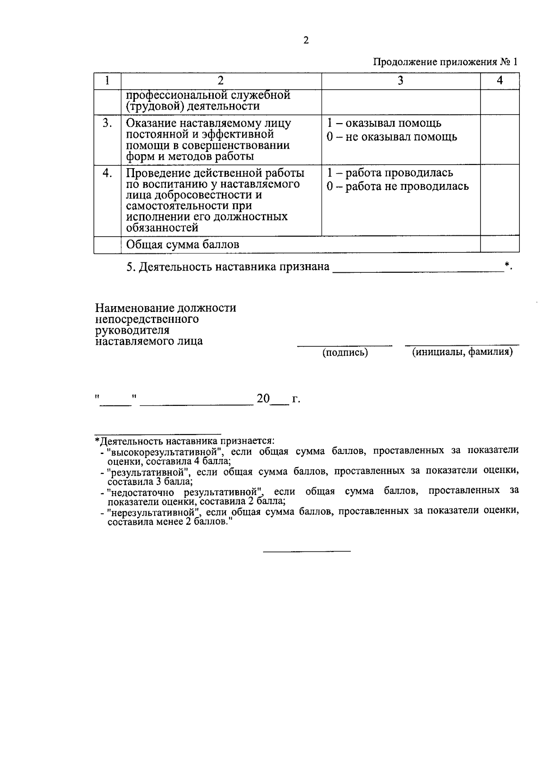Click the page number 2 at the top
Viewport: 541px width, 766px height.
(306, 41)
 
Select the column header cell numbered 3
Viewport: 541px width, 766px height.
(400, 81)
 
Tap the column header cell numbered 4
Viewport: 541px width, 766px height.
(500, 81)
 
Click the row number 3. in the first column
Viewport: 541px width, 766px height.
(107, 123)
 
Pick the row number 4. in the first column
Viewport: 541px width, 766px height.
(107, 173)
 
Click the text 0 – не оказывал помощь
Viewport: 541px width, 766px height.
(392, 137)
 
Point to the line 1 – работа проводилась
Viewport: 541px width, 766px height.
(390, 173)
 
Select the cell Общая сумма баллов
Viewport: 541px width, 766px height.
(183, 244)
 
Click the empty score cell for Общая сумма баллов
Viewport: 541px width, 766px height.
(500, 244)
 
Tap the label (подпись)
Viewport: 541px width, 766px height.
(345, 353)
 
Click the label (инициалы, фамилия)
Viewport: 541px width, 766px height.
(462, 352)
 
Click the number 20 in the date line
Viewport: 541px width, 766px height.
(263, 399)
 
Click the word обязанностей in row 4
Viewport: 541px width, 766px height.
(162, 228)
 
